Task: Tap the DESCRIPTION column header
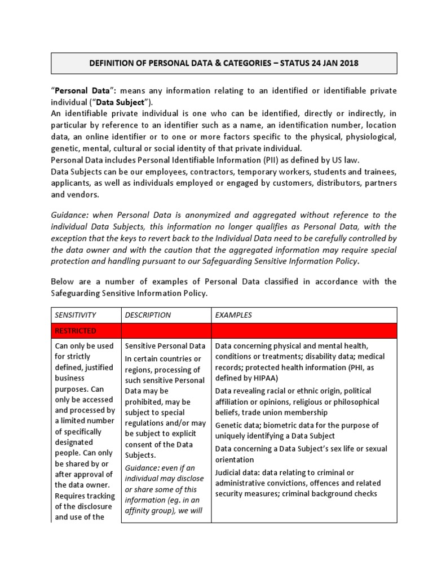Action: coord(148,315)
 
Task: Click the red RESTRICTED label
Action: coord(76,330)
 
